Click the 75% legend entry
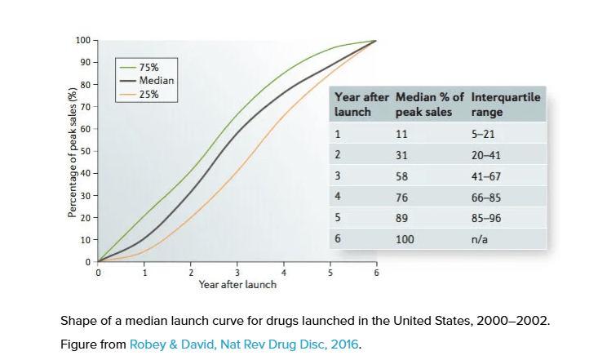pyautogui.click(x=148, y=67)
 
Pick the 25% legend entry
pyautogui.click(x=148, y=94)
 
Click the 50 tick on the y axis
pyautogui.click(x=85, y=151)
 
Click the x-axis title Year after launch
pyautogui.click(x=237, y=285)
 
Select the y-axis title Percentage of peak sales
pyautogui.click(x=72, y=150)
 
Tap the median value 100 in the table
pyautogui.click(x=404, y=239)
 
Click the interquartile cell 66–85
pyautogui.click(x=486, y=197)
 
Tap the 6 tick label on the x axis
pyautogui.click(x=376, y=273)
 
